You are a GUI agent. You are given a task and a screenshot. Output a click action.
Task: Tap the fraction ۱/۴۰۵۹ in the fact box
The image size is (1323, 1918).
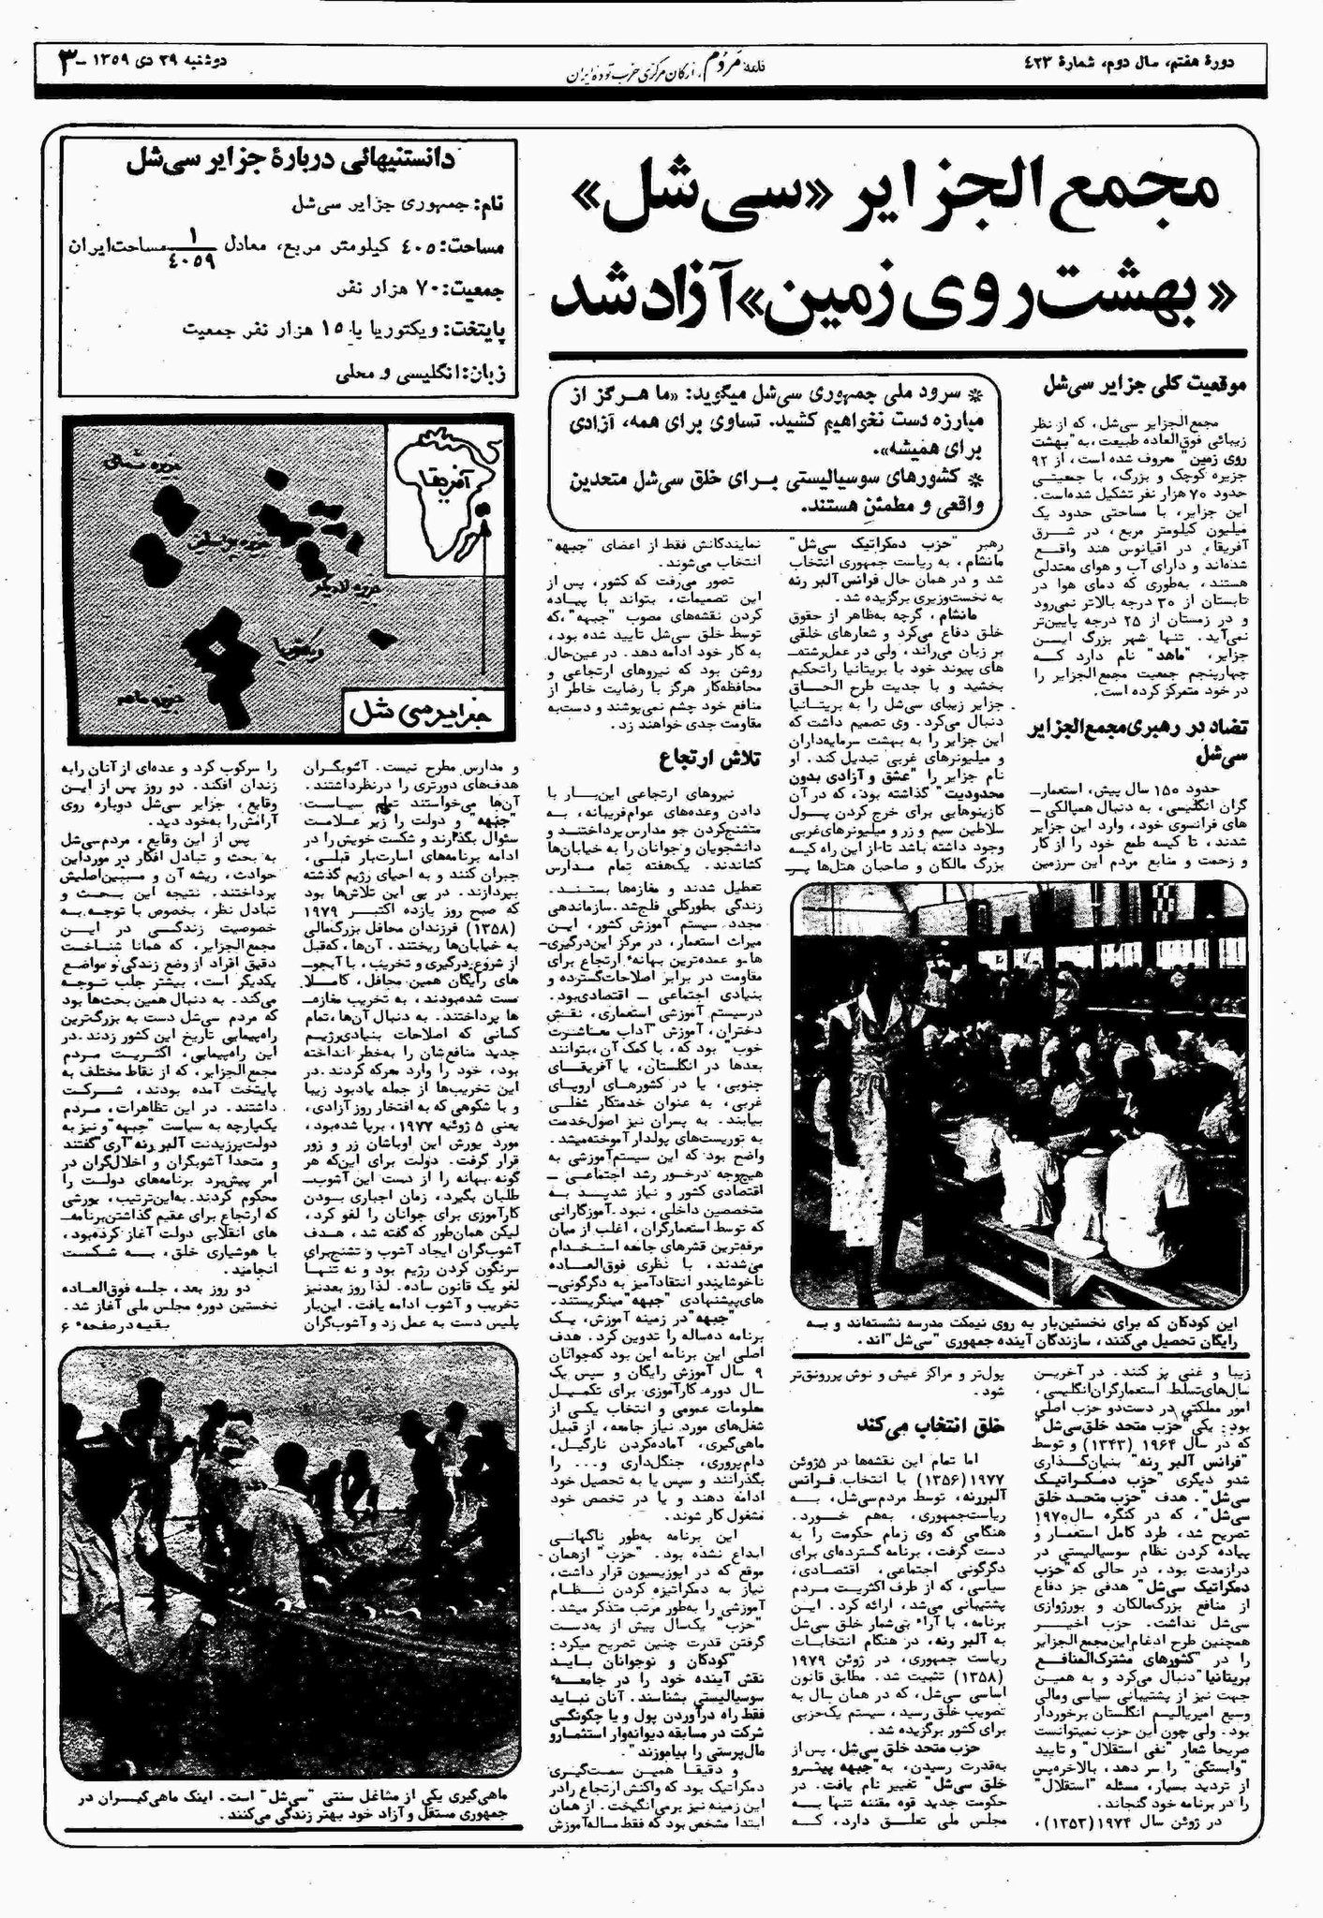click(x=195, y=245)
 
